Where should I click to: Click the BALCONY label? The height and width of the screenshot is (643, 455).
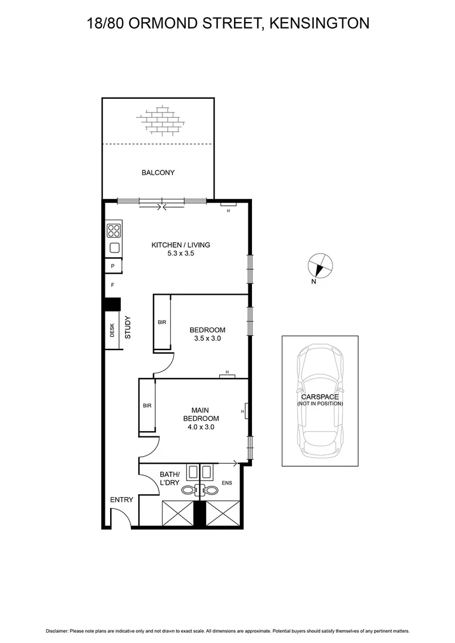click(158, 173)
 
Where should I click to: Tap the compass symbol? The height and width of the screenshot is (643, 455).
click(320, 266)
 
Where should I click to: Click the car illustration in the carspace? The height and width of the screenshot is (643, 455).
click(320, 400)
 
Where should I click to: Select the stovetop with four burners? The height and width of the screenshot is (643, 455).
click(114, 230)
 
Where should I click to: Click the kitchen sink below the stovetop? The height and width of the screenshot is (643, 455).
click(114, 248)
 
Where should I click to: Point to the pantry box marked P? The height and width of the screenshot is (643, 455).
click(113, 266)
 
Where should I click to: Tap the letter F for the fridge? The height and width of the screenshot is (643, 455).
click(112, 285)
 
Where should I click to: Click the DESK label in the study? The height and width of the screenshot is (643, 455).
click(112, 330)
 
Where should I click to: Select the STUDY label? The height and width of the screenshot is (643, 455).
click(128, 327)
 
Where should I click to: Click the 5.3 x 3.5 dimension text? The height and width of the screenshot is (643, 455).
click(180, 253)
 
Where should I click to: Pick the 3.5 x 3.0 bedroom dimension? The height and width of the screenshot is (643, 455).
click(207, 339)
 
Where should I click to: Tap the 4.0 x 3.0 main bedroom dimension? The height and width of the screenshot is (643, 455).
click(200, 426)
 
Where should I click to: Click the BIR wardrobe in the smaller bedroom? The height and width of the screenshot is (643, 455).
click(162, 322)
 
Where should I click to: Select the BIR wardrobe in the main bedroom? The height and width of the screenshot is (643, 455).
click(147, 405)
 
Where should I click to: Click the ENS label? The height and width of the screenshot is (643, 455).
click(226, 483)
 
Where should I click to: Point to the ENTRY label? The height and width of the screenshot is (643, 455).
click(121, 500)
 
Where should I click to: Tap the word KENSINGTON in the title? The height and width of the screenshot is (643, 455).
click(319, 23)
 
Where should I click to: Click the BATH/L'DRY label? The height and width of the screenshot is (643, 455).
click(169, 479)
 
